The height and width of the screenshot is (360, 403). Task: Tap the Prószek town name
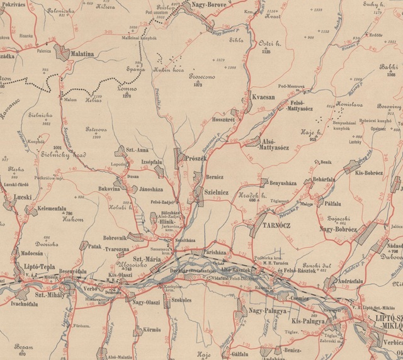click(196, 159)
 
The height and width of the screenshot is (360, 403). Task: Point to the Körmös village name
click(150, 329)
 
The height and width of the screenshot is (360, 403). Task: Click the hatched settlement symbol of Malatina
click(64, 52)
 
